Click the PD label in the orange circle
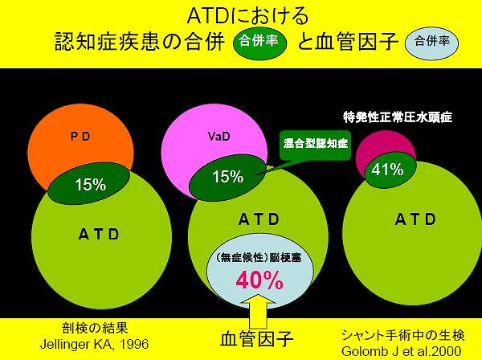(x=80, y=137)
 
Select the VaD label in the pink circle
(x=219, y=136)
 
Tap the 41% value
(x=387, y=170)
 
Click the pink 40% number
(x=259, y=280)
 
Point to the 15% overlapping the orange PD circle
(x=90, y=185)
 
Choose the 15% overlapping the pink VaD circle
(x=228, y=177)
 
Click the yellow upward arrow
(x=258, y=311)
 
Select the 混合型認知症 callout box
(x=316, y=144)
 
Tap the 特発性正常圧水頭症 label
(x=398, y=117)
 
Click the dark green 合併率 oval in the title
(x=260, y=42)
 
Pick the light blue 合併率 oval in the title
(x=432, y=42)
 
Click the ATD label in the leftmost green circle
(x=99, y=235)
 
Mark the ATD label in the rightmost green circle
(x=415, y=219)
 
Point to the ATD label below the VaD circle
(x=259, y=219)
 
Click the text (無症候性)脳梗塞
(x=259, y=258)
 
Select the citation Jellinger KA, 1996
(x=94, y=344)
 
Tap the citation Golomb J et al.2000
(x=401, y=351)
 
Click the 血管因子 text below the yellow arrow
(x=257, y=339)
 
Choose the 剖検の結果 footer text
(x=95, y=329)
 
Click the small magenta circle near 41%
(x=386, y=148)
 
